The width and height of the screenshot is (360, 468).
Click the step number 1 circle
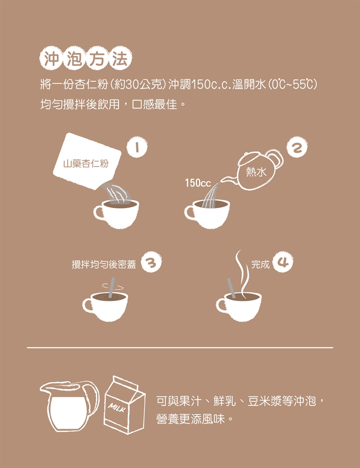pyautogui.click(x=137, y=147)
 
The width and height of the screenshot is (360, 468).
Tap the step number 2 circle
pyautogui.click(x=297, y=147)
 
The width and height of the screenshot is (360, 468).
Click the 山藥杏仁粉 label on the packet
pyautogui.click(x=86, y=164)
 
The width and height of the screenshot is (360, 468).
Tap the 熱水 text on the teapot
pyautogui.click(x=256, y=172)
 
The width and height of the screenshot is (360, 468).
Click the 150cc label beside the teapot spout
pyautogui.click(x=198, y=183)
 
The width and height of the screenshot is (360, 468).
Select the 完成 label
pyautogui.click(x=260, y=264)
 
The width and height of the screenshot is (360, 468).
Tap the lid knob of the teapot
pyautogui.click(x=247, y=154)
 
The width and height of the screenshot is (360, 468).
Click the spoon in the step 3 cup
pyautogui.click(x=111, y=288)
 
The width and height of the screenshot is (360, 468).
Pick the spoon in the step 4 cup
pyautogui.click(x=231, y=288)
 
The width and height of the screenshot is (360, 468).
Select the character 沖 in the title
pyautogui.click(x=51, y=58)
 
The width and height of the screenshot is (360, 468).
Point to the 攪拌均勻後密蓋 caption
pyautogui.click(x=104, y=264)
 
